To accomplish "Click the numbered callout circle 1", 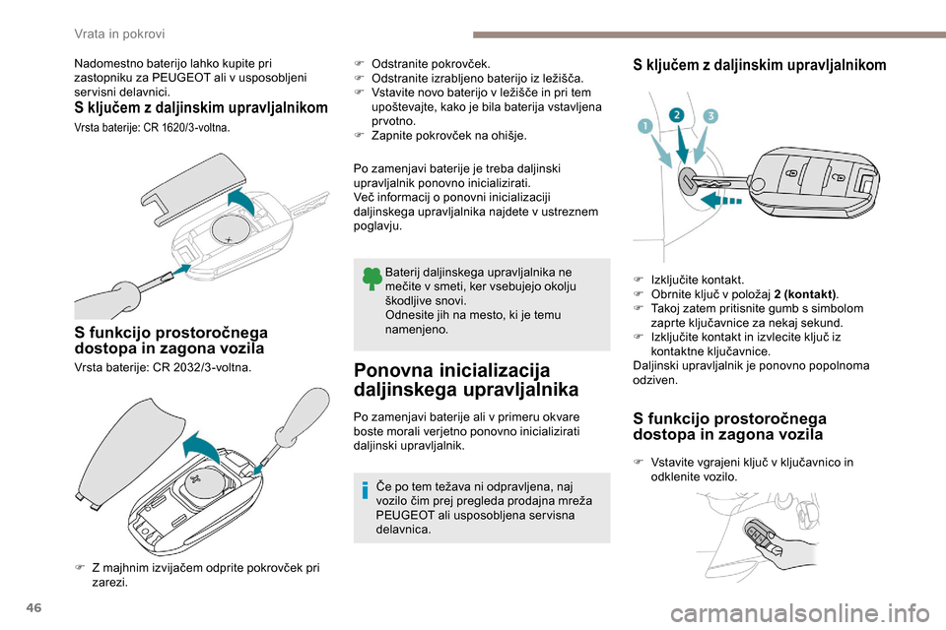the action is [645, 127].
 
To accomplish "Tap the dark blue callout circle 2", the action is [677, 115].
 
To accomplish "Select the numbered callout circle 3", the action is [710, 116].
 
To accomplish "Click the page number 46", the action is [34, 607].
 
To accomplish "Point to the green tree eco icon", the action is [372, 280].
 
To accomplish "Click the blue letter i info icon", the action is [365, 490].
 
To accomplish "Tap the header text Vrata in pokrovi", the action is [119, 33].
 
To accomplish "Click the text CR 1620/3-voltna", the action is [186, 128].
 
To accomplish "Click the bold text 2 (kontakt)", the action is [805, 294].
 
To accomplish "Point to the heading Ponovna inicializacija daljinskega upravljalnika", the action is [466, 380].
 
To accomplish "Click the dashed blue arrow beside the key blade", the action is [721, 200].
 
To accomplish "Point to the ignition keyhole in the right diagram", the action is [686, 179].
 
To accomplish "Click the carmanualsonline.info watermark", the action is [799, 615].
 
